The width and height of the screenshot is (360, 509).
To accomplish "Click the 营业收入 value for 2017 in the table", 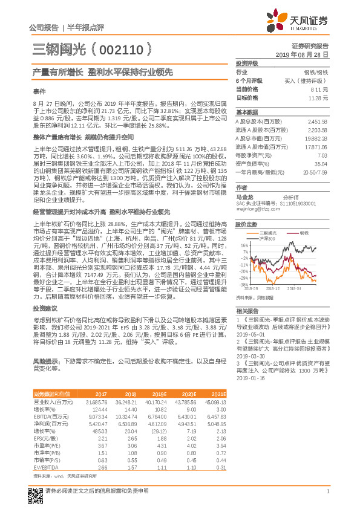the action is (x=97, y=401).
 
